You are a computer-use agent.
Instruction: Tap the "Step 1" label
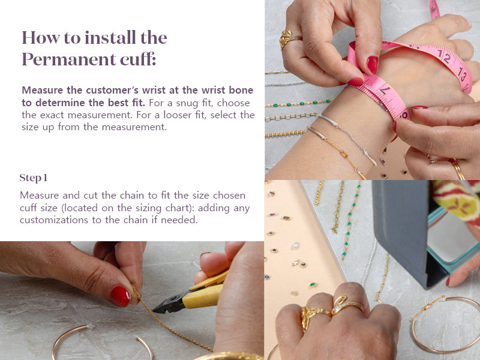click(34, 178)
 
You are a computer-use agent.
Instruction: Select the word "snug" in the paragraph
click(187, 103)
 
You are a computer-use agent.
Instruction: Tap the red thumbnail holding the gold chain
click(120, 296)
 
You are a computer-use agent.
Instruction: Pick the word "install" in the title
click(110, 38)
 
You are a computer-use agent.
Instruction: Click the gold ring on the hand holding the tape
click(289, 39)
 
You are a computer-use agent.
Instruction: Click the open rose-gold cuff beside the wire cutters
click(103, 341)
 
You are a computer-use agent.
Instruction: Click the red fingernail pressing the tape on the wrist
click(372, 65)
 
